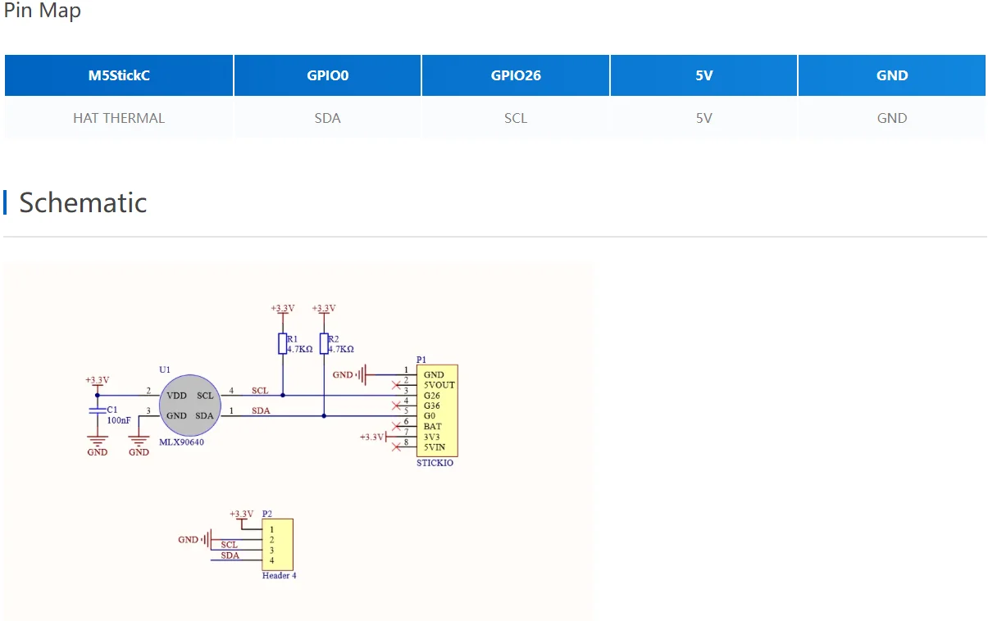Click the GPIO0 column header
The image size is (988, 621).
click(327, 75)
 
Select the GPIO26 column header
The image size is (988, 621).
click(516, 75)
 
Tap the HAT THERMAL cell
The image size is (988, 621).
click(119, 118)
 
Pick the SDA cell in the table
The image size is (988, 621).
click(327, 118)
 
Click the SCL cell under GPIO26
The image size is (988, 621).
click(516, 118)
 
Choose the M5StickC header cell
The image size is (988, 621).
click(119, 75)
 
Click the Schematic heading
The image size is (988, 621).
click(83, 202)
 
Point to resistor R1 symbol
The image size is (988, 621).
click(282, 344)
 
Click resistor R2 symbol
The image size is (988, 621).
click(324, 344)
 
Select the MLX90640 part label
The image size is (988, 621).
click(181, 442)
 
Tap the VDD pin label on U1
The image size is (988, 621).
click(176, 396)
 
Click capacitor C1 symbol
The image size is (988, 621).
click(98, 410)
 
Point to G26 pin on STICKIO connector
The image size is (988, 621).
click(431, 396)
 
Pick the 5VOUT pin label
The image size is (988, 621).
click(439, 385)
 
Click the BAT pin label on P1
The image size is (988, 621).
click(432, 426)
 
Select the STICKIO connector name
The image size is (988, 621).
click(435, 463)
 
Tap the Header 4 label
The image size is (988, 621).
click(280, 575)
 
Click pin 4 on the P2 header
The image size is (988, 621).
click(271, 560)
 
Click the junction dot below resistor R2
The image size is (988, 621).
click(324, 415)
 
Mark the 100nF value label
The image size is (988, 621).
click(119, 420)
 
